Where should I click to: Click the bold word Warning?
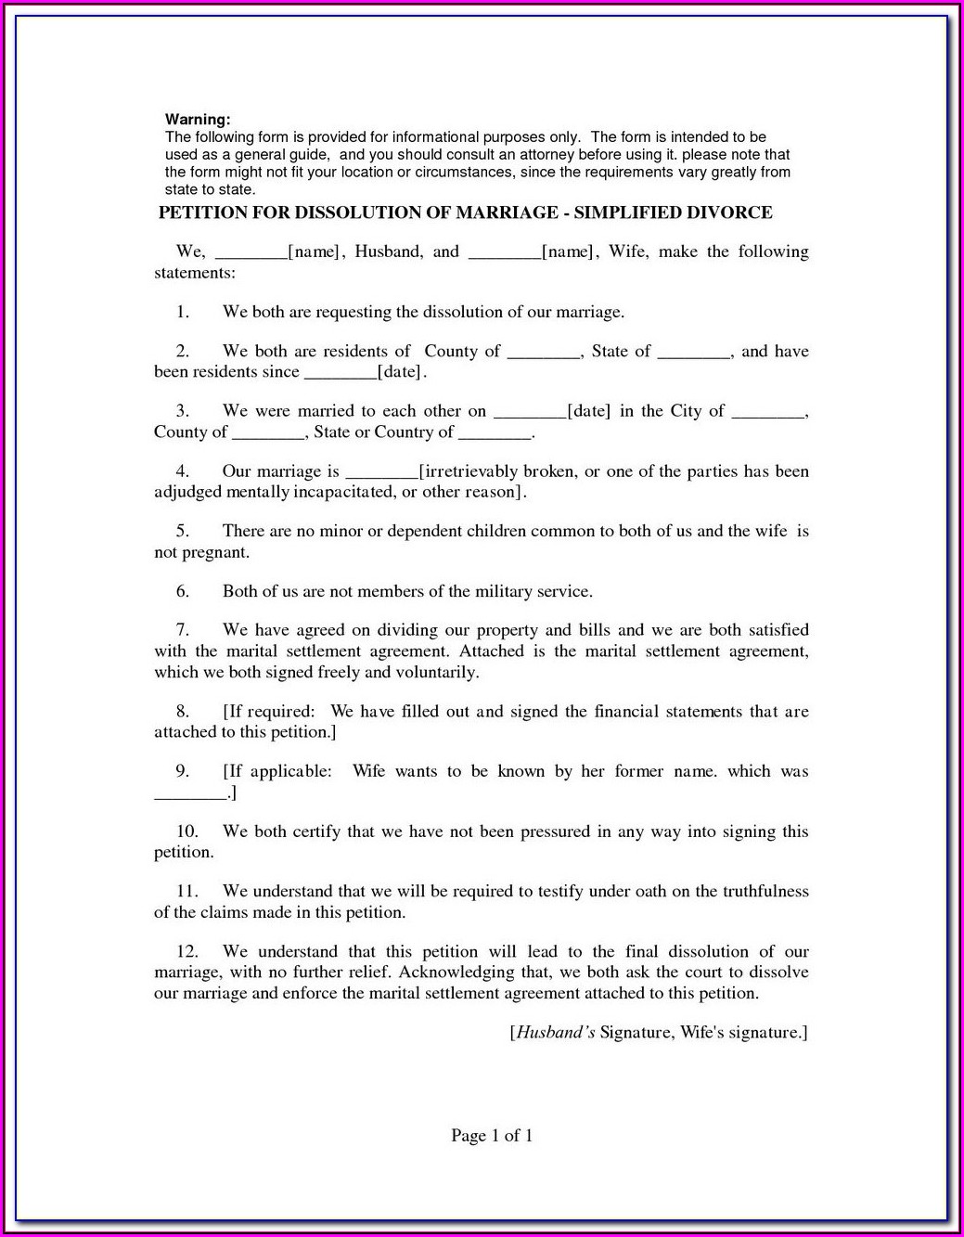pyautogui.click(x=198, y=120)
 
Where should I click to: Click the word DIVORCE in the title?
pyautogui.click(x=729, y=213)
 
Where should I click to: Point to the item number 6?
pyautogui.click(x=183, y=591)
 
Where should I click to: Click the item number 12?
pyautogui.click(x=186, y=951)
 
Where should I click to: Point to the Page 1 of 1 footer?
pyautogui.click(x=492, y=1136)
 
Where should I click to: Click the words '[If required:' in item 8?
pyautogui.click(x=269, y=712)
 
